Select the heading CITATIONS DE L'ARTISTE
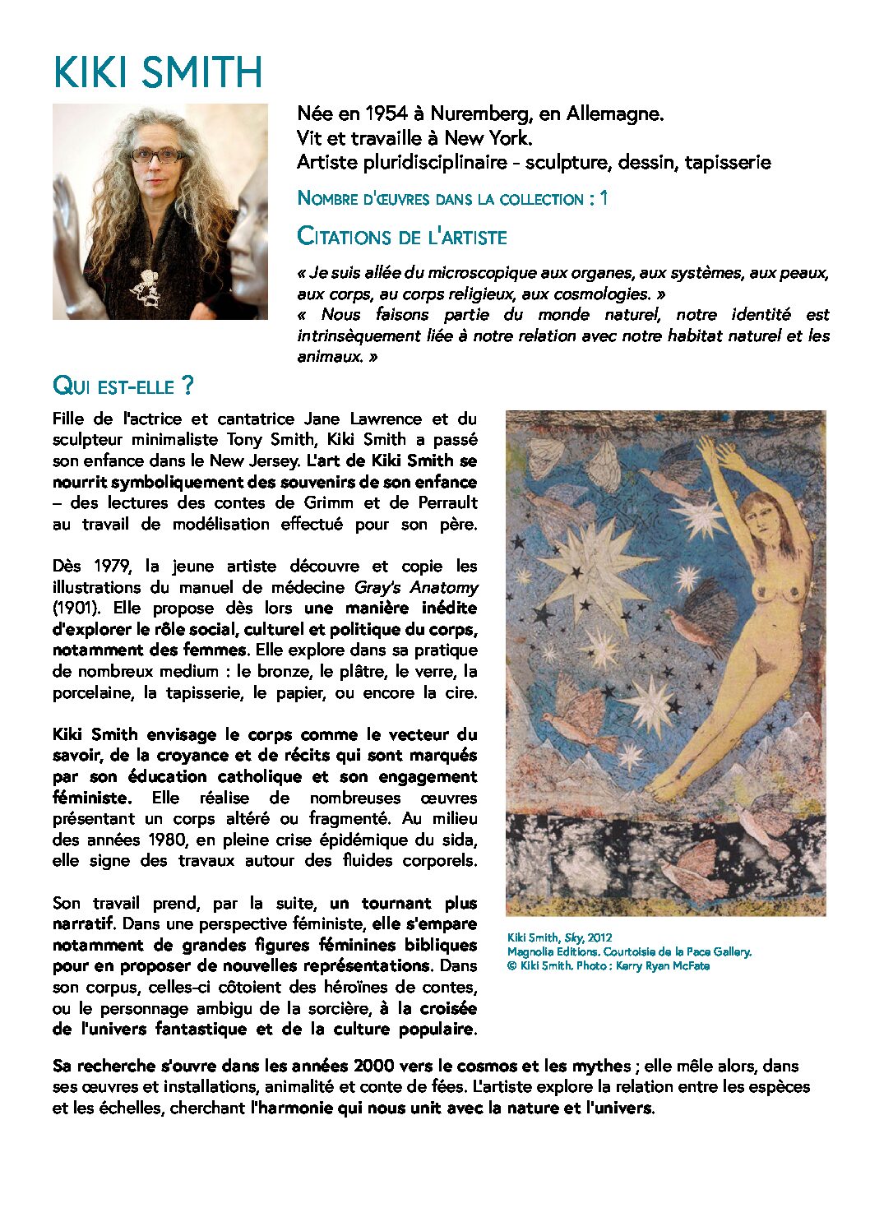pyautogui.click(x=402, y=237)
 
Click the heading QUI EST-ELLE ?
pyautogui.click(x=123, y=386)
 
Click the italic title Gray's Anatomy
pyautogui.click(x=416, y=587)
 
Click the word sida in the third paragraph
pyautogui.click(x=460, y=840)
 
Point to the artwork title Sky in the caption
pyautogui.click(x=573, y=937)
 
